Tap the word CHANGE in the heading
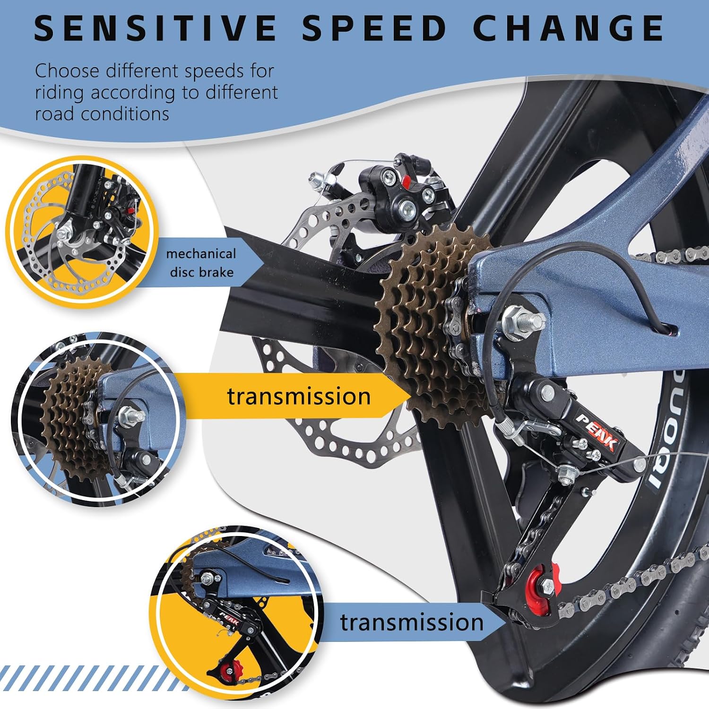click(x=569, y=28)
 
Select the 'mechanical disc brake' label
click(x=201, y=263)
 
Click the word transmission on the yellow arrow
click(x=299, y=396)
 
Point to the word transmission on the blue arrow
click(x=412, y=622)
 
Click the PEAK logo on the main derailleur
click(x=597, y=431)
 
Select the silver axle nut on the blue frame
click(x=522, y=321)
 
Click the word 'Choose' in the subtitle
click(x=67, y=71)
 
